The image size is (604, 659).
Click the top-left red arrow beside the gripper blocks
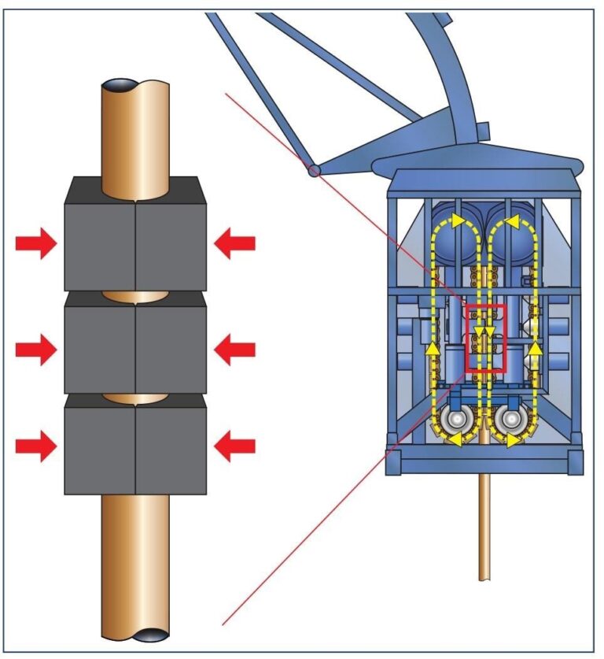[x=36, y=245]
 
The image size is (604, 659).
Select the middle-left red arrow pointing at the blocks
[x=36, y=348]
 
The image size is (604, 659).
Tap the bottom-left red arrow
[x=36, y=446]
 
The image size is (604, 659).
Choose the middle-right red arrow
[x=235, y=348]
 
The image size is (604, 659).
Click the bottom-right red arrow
[x=235, y=446]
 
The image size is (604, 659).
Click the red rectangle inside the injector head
[x=485, y=338]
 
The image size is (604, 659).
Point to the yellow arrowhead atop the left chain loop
[x=455, y=222]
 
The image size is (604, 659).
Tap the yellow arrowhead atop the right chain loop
[x=515, y=222]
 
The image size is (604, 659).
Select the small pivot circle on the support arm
[x=315, y=170]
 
